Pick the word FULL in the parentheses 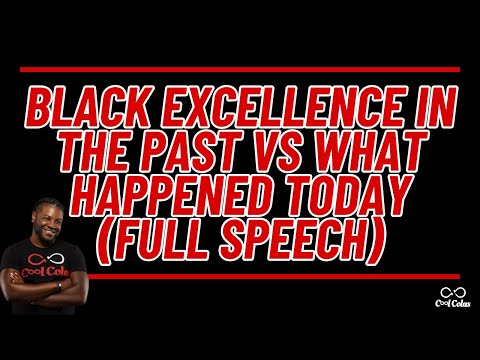coord(180,240)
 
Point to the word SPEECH coord(305,240)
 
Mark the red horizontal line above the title coord(240,71)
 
